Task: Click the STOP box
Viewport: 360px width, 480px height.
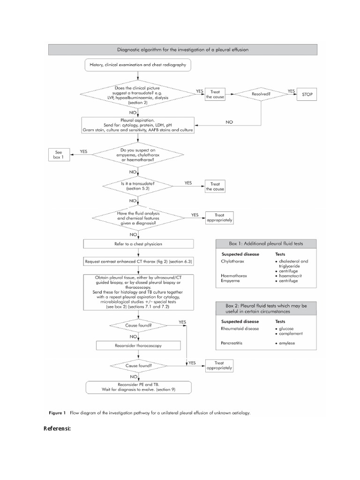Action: click(x=307, y=94)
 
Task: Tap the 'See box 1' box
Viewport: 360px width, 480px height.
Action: click(x=59, y=154)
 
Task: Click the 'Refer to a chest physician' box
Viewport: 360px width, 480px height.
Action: click(x=138, y=244)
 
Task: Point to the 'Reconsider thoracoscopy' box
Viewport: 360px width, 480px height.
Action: click(x=138, y=345)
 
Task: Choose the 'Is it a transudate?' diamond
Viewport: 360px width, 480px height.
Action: click(x=138, y=185)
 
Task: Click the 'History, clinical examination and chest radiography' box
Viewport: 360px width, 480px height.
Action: click(x=138, y=65)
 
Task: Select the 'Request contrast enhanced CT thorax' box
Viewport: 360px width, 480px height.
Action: click(x=138, y=261)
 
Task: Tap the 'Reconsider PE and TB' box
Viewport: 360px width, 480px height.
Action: click(x=138, y=387)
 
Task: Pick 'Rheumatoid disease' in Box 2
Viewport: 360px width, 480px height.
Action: click(x=239, y=329)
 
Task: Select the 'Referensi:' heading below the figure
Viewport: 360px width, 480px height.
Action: click(x=57, y=428)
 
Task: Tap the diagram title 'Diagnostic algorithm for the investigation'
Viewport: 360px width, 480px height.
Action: click(x=183, y=49)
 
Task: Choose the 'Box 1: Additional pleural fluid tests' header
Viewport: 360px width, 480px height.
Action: click(x=266, y=243)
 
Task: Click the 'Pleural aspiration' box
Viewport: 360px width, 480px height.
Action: click(x=138, y=125)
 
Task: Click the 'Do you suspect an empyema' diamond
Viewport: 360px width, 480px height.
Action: click(x=138, y=155)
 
